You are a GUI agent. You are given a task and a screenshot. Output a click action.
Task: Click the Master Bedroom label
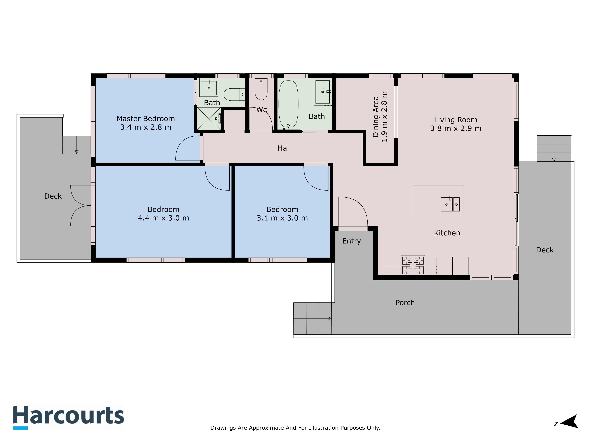click(146, 119)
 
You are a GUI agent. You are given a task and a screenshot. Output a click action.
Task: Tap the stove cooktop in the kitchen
click(413, 265)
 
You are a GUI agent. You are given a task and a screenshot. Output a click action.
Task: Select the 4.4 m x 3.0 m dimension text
click(164, 218)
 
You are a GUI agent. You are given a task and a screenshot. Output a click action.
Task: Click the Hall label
click(284, 148)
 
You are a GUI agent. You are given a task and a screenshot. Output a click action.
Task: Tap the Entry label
click(352, 241)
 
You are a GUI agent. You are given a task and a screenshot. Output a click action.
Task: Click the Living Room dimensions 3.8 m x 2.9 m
click(456, 128)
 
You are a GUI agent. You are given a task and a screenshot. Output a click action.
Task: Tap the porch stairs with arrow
click(313, 319)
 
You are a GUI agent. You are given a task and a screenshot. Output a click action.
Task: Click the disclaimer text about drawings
click(295, 428)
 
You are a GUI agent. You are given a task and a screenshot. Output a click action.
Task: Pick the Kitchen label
click(447, 233)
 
